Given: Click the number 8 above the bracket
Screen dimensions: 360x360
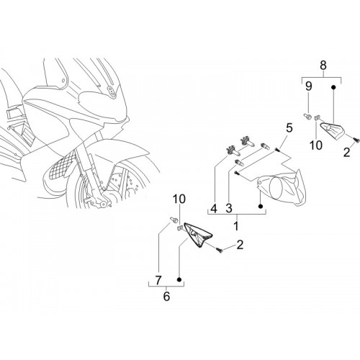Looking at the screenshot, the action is [323, 66].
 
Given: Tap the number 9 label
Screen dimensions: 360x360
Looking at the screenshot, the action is [308, 86].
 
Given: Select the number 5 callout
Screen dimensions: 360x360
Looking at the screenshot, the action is [289, 127].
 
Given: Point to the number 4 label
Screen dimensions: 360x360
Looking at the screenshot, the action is [214, 209].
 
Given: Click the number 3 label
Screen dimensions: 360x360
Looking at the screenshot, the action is [229, 209].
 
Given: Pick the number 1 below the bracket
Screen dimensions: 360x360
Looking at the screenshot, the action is [236, 226].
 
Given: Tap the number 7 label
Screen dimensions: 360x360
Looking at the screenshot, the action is [158, 280].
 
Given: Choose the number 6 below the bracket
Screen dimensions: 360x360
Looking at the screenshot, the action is [166, 297].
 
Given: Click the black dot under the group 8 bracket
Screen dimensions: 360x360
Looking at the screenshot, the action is [333, 86].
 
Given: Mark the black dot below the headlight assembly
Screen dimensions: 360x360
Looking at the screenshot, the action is [261, 207].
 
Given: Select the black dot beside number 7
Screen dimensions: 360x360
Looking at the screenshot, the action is [179, 279].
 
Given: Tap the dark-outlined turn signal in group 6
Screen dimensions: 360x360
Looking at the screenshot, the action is [197, 235].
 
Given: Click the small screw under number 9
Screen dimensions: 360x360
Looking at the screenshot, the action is [307, 116].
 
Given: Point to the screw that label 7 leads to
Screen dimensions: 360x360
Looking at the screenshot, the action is [174, 219].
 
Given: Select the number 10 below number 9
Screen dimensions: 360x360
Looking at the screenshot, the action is [316, 145].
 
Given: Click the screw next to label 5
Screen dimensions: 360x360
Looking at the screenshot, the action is [278, 150].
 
